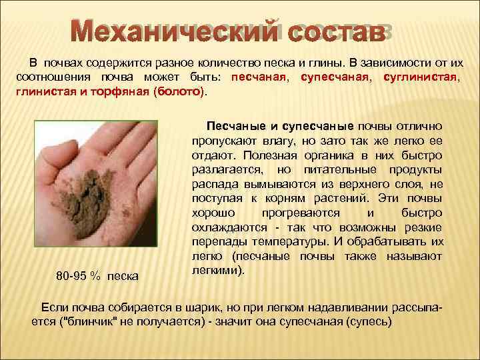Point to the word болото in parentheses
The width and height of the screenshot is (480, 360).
(178, 92)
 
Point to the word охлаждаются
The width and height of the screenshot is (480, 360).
(224, 228)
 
